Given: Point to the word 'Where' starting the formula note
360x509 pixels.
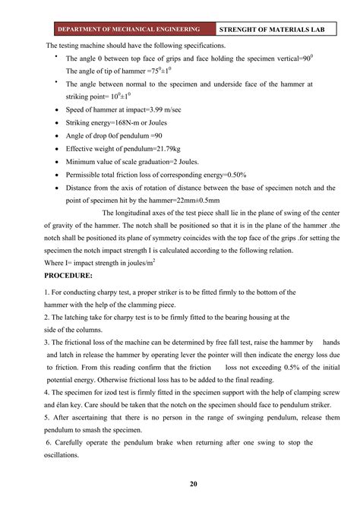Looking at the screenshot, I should click(55, 262).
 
